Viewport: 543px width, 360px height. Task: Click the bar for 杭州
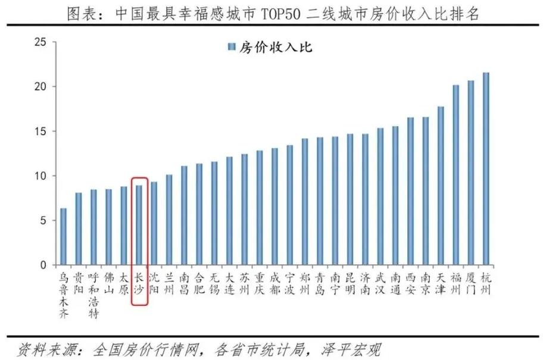tap(486, 169)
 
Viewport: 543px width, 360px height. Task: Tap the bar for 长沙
tap(139, 226)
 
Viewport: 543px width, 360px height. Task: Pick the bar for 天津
tap(441, 186)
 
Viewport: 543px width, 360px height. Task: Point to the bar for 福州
tap(455, 175)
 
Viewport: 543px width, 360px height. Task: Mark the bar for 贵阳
tap(79, 229)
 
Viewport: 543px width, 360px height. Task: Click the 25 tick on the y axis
tap(40, 42)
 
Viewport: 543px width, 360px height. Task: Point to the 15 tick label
tap(40, 132)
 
